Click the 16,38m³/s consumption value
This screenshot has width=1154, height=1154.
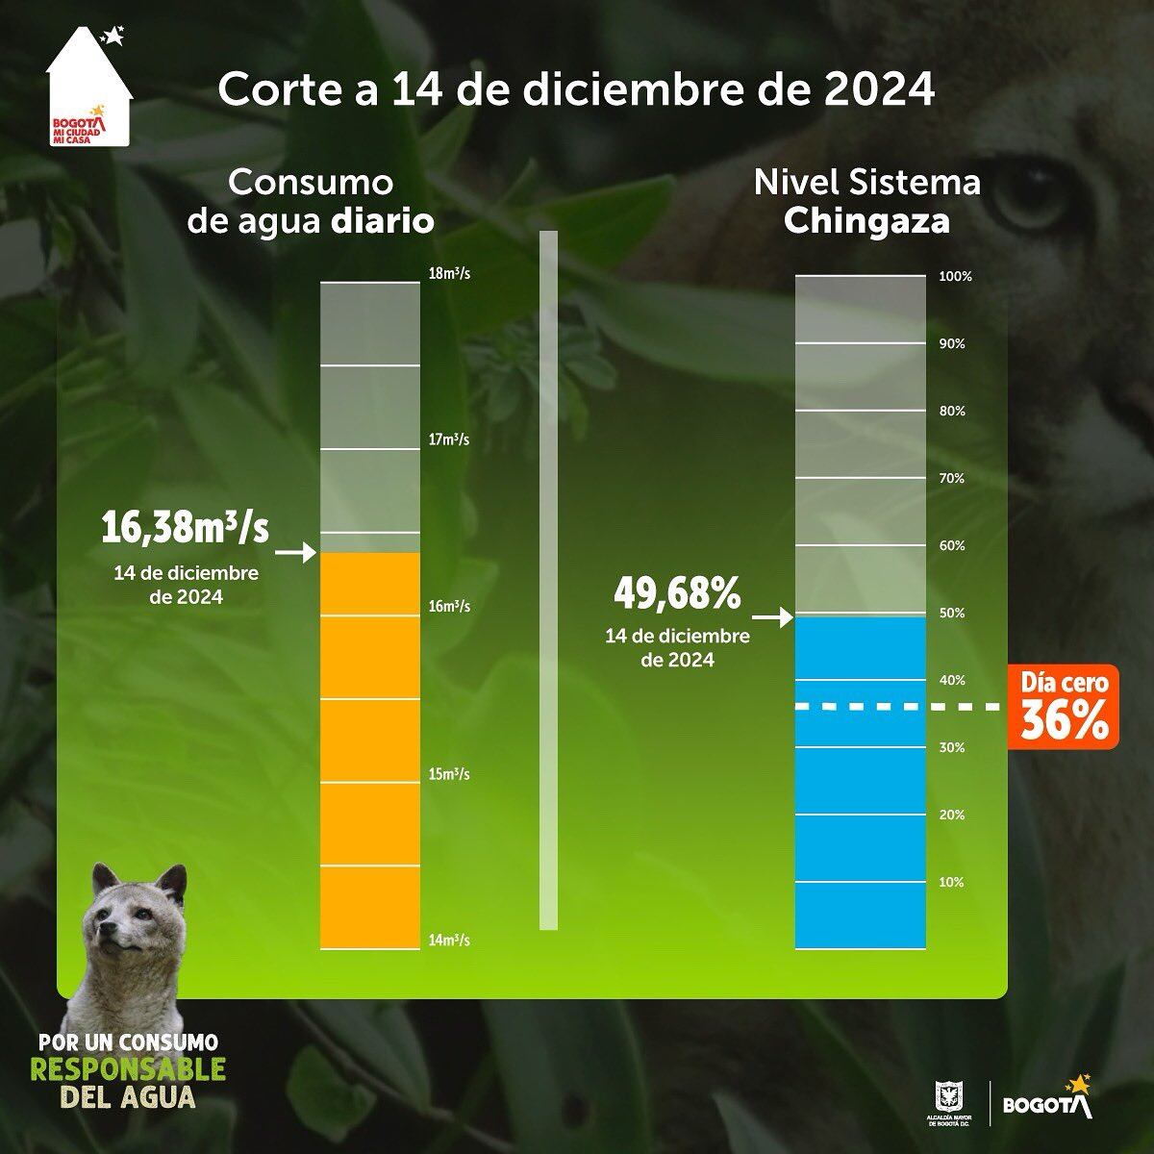coord(187,529)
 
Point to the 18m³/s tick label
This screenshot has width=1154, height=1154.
coord(449,274)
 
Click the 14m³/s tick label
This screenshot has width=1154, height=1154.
coord(449,941)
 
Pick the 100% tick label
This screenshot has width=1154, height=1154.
coord(956,277)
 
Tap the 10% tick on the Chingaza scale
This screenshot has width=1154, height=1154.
coord(951,882)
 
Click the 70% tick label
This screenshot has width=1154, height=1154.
coord(951,478)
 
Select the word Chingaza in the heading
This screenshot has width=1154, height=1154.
coord(866,222)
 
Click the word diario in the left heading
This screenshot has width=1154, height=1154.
coord(383,222)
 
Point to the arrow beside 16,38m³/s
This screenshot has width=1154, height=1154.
coord(296,553)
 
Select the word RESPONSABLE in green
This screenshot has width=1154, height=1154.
coord(128,1069)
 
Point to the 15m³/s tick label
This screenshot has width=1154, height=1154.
coord(449,774)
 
